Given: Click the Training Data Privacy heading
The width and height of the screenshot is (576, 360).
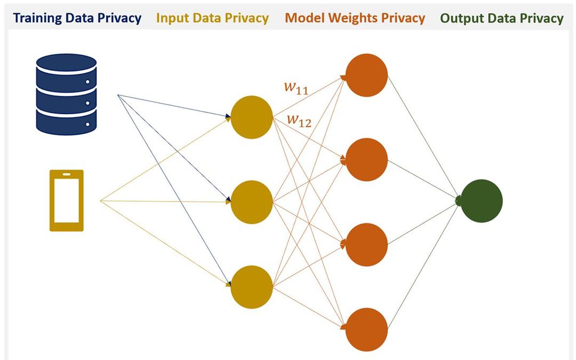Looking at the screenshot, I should (x=77, y=18).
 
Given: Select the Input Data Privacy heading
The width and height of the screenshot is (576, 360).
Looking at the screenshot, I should (x=212, y=18).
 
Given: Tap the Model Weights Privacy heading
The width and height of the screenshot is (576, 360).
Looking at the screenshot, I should (x=355, y=18).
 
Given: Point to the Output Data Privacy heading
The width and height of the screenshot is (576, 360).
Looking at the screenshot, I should (x=502, y=18).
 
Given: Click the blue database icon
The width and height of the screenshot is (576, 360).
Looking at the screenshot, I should (x=67, y=93).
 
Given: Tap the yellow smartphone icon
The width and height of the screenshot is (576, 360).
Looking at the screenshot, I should (x=67, y=200).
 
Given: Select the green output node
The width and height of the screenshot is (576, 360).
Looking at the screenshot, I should (x=481, y=201).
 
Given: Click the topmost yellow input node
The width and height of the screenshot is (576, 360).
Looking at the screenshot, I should (x=252, y=117).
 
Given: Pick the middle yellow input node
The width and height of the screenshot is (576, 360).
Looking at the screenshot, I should (x=252, y=202).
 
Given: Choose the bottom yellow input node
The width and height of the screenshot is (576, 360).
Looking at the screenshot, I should (x=252, y=287).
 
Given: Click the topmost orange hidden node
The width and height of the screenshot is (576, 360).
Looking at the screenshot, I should (x=366, y=75).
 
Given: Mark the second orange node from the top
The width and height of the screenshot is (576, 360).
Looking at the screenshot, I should (x=366, y=159).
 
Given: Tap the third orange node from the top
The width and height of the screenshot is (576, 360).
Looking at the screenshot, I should (x=366, y=244).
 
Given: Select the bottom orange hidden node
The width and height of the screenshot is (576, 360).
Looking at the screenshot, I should (x=366, y=329).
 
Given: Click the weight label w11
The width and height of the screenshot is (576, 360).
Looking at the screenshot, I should (x=295, y=89).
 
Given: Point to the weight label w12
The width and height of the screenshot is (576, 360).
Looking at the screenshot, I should (x=299, y=121).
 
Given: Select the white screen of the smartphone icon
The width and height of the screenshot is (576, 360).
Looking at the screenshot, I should (x=67, y=201).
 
